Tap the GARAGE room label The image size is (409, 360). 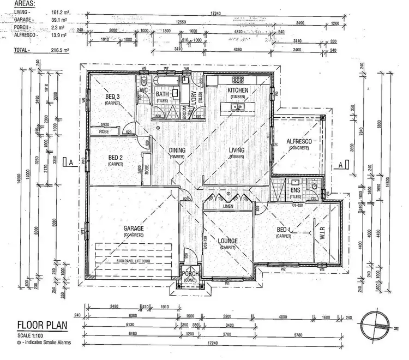(x=130, y=230)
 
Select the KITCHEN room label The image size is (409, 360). (x=238, y=91)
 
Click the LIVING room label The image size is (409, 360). (x=236, y=151)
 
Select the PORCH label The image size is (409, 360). (x=191, y=274)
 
